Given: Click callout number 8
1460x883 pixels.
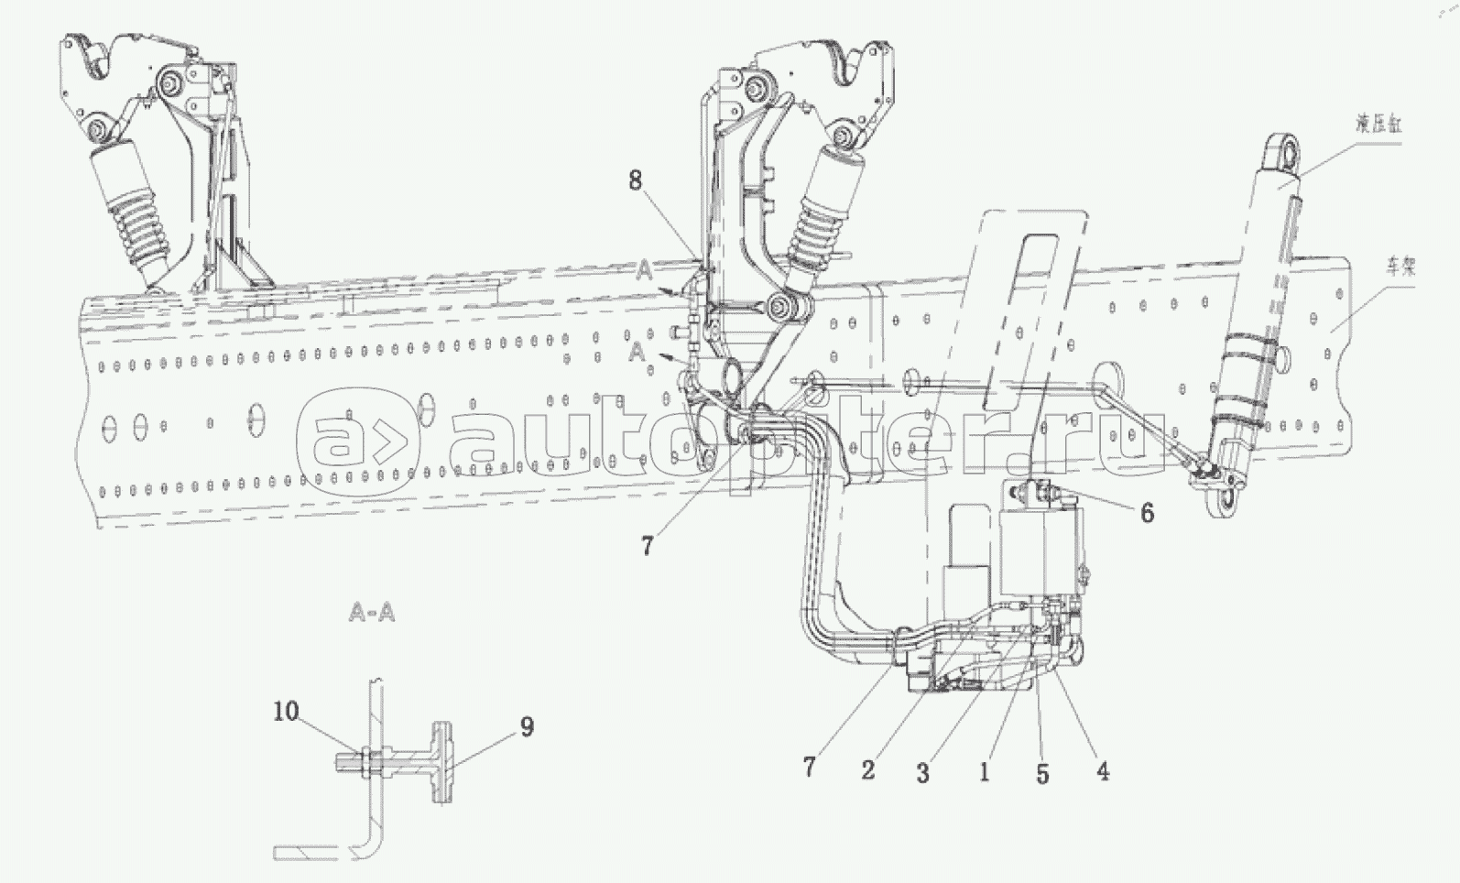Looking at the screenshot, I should [x=635, y=180].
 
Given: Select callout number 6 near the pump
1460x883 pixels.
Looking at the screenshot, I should [x=1147, y=513].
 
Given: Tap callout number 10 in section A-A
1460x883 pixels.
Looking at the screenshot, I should [x=286, y=711].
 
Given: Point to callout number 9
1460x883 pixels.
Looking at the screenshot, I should [x=526, y=727].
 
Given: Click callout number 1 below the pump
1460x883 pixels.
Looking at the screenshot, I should [x=984, y=771].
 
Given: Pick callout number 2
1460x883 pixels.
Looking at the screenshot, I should [x=867, y=769].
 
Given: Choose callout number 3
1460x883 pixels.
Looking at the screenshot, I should [x=922, y=773].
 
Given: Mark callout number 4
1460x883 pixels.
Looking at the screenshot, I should [x=1103, y=771].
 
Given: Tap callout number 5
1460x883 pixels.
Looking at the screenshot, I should [x=1042, y=773].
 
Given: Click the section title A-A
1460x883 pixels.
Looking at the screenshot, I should [x=372, y=612].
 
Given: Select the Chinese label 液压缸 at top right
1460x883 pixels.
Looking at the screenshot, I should [x=1379, y=125].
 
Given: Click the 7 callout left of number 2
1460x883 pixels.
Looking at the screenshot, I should [x=809, y=766].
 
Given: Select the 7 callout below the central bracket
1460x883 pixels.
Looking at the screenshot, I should [x=647, y=546].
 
